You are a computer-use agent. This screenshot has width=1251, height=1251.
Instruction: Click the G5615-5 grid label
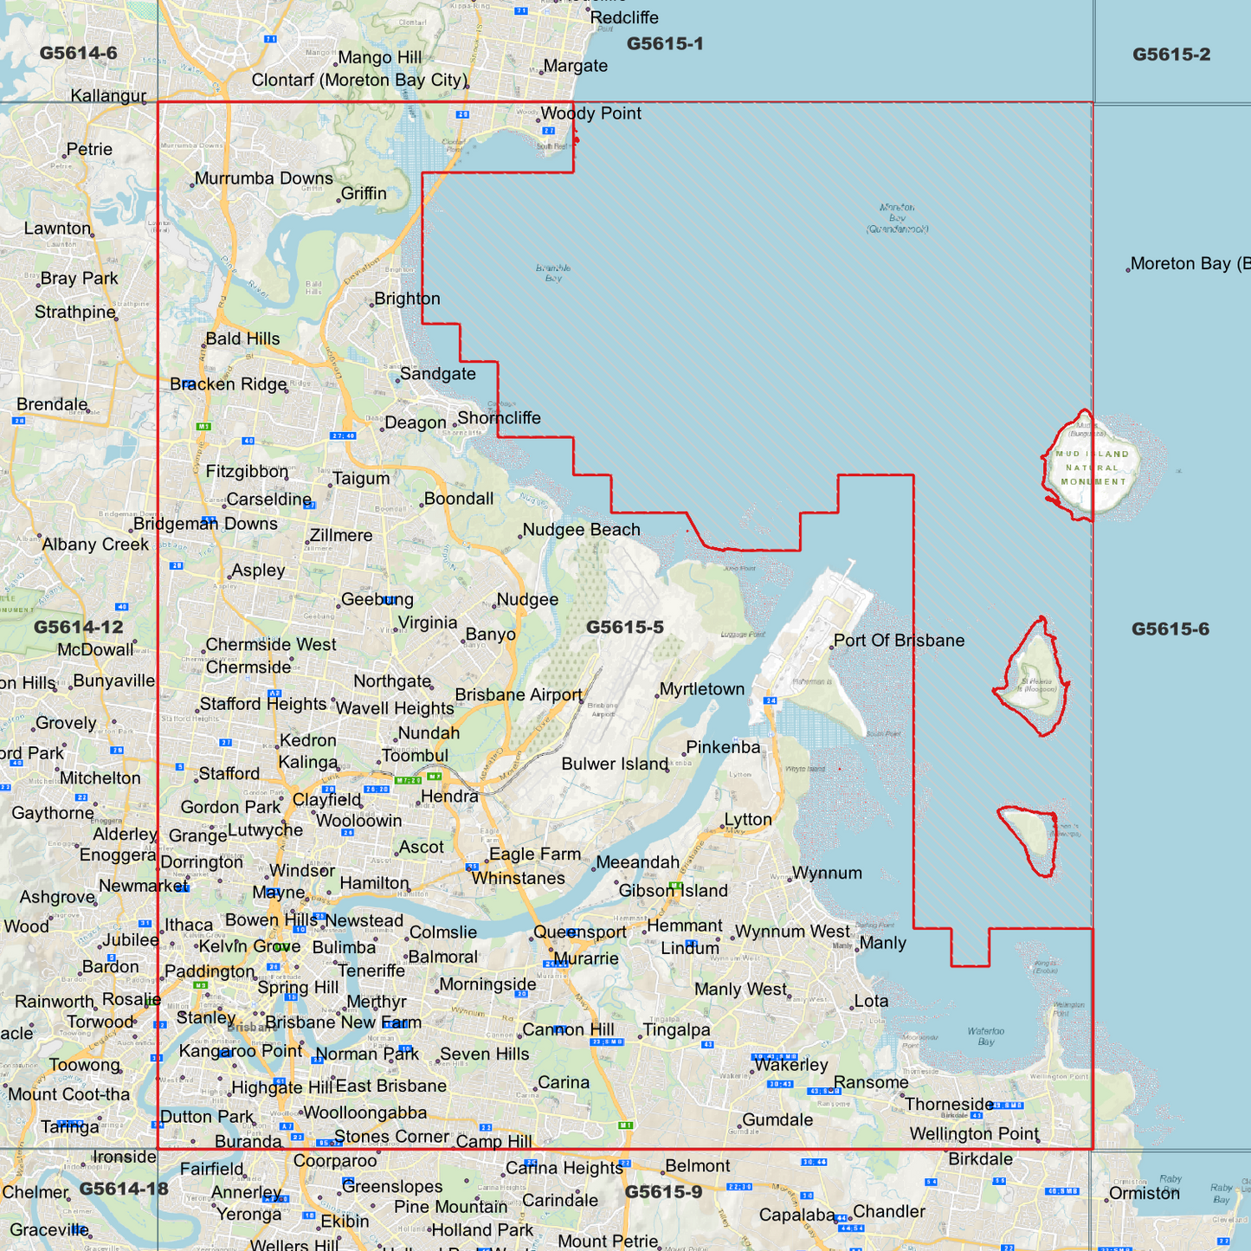(624, 628)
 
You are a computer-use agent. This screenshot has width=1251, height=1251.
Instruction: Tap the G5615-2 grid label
(1170, 55)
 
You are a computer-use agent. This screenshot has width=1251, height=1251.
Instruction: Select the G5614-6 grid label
(78, 53)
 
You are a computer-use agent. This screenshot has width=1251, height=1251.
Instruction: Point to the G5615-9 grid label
(663, 1192)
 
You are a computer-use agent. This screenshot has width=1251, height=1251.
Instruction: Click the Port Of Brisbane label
(899, 641)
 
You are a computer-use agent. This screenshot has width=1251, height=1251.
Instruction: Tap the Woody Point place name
(590, 113)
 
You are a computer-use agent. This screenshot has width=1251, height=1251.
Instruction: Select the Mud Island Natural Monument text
(1093, 468)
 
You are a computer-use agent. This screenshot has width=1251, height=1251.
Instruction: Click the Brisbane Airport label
(519, 694)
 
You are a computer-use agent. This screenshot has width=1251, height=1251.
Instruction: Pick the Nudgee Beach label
(581, 530)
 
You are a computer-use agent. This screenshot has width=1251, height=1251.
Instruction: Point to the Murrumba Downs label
(263, 178)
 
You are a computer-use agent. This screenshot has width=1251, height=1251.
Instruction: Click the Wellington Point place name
(974, 1134)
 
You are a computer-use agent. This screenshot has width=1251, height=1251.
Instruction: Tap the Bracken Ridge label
(229, 384)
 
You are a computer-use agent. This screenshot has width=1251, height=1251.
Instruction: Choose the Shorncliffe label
(499, 418)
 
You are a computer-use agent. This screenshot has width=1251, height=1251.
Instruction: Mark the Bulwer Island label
(615, 764)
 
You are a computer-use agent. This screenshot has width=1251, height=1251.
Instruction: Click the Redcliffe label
(623, 17)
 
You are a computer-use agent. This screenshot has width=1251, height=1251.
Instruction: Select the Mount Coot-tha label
(69, 1094)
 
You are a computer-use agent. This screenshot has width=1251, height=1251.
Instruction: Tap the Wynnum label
(827, 873)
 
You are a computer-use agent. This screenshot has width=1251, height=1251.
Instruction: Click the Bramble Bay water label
(553, 273)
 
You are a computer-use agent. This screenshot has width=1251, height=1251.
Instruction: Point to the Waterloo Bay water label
(986, 1036)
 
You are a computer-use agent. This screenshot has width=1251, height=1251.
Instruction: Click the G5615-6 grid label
(1170, 629)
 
